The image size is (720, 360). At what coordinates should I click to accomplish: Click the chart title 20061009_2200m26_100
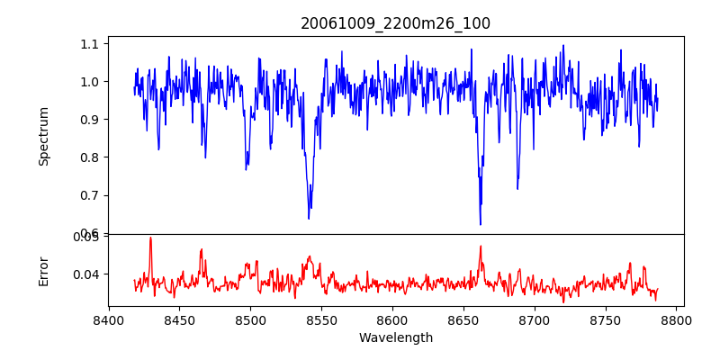pyautogui.click(x=395, y=23)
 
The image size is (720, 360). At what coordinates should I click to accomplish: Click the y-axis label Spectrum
pyautogui.click(x=44, y=136)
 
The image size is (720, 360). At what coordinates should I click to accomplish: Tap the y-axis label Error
pyautogui.click(x=44, y=270)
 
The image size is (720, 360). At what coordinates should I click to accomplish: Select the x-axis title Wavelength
pyautogui.click(x=395, y=338)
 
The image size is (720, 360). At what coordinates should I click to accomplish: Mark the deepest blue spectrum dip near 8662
pyautogui.click(x=481, y=224)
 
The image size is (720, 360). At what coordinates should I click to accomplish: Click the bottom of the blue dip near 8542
pyautogui.click(x=309, y=219)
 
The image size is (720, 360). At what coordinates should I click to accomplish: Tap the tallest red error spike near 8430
pyautogui.click(x=150, y=238)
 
